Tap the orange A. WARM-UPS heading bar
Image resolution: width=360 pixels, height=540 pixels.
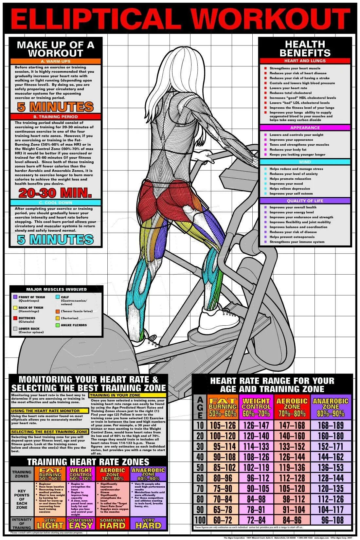click(56, 61)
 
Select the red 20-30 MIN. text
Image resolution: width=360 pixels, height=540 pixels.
click(51, 193)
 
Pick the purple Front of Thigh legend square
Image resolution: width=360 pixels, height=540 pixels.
click(15, 297)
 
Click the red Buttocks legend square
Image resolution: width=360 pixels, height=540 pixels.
click(15, 318)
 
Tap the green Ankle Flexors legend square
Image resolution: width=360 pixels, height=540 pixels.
click(58, 325)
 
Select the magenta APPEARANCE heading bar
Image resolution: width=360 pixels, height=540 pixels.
click(305, 128)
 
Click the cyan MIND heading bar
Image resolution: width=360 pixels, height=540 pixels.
click(305, 162)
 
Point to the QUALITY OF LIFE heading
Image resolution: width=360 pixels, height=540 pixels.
click(305, 201)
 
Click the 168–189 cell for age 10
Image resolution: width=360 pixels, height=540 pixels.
click(331, 425)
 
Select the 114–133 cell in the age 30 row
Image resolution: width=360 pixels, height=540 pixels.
click(256, 446)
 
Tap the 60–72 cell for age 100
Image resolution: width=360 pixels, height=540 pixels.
click(222, 520)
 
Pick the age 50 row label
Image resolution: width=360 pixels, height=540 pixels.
click(200, 467)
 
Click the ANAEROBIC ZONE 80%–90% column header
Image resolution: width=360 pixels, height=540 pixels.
click(331, 407)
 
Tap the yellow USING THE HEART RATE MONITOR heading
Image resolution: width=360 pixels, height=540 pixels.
click(50, 411)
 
